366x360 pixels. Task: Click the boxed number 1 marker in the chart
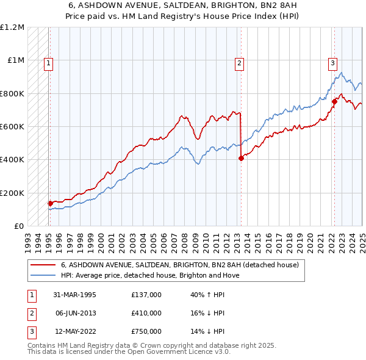point(48,62)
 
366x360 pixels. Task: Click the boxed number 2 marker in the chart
point(240,62)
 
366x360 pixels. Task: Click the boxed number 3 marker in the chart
point(332,62)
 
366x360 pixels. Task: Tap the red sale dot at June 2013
point(241,158)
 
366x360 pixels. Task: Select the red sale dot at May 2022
point(334,102)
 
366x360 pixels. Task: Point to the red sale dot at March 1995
point(50,203)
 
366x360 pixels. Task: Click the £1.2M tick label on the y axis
point(12,27)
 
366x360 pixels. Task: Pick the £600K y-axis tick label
point(12,127)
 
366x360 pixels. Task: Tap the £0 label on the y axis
point(19,226)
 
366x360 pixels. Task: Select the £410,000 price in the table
point(146,313)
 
